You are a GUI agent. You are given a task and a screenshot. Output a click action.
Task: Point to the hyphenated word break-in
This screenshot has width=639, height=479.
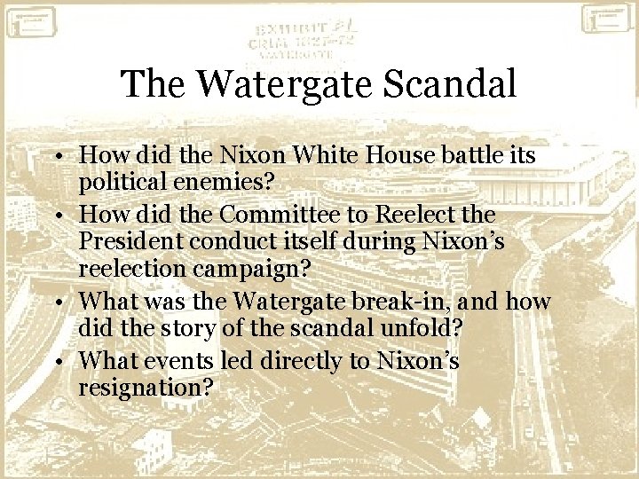point(413,302)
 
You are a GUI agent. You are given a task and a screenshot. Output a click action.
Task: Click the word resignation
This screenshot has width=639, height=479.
point(147,388)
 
